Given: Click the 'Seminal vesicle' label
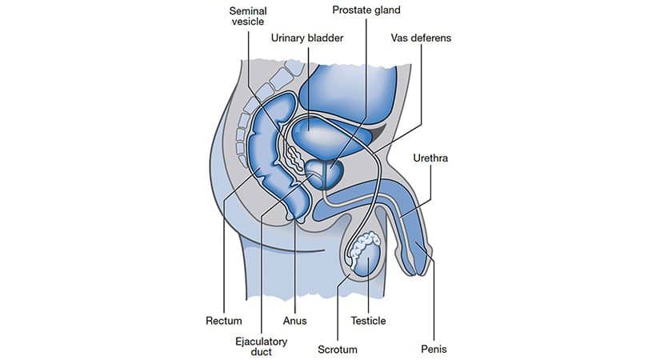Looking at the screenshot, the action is pyautogui.click(x=248, y=16).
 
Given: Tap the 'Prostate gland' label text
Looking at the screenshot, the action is pyautogui.click(x=366, y=10).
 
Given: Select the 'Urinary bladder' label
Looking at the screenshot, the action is pyautogui.click(x=307, y=38).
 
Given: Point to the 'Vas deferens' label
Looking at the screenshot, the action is pyautogui.click(x=421, y=38).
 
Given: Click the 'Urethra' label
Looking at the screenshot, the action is pyautogui.click(x=430, y=158).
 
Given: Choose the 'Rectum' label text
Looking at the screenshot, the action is pyautogui.click(x=224, y=321).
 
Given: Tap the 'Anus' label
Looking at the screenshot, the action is pyautogui.click(x=295, y=321).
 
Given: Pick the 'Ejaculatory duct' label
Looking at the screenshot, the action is pyautogui.click(x=261, y=346).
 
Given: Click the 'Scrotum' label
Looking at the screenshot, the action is pyautogui.click(x=338, y=350).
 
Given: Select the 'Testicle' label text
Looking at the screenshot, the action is pyautogui.click(x=368, y=321).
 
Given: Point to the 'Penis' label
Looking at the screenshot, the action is pyautogui.click(x=434, y=349).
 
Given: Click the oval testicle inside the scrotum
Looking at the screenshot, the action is pyautogui.click(x=368, y=260).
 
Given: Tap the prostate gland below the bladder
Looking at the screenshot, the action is pyautogui.click(x=325, y=174).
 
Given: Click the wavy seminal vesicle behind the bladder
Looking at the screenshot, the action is pyautogui.click(x=293, y=157).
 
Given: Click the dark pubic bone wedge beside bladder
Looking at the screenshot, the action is pyautogui.click(x=378, y=133).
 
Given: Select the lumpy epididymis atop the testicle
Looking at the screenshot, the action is pyautogui.click(x=362, y=247).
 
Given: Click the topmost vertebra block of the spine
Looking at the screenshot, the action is pyautogui.click(x=294, y=67).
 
